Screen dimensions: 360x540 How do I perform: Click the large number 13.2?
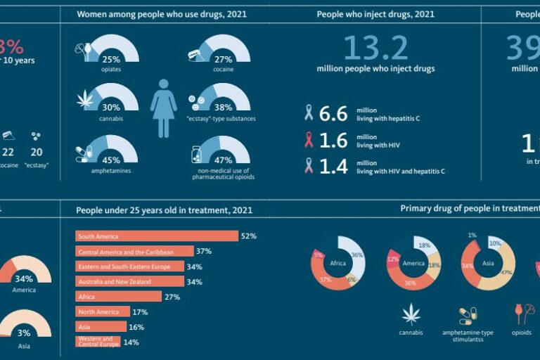[x=375, y=48]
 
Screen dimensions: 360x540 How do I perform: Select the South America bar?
[x=156, y=236]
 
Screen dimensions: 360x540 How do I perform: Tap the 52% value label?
[x=249, y=236]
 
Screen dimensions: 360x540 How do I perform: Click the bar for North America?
[x=102, y=311]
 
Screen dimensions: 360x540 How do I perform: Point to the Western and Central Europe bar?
[x=99, y=342]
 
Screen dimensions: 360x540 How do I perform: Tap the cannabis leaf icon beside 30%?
[x=85, y=100]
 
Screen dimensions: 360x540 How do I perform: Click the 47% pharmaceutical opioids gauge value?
[x=222, y=160]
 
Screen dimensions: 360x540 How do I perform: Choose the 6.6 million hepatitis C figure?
[x=333, y=114]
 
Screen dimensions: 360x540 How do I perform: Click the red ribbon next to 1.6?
[x=307, y=140]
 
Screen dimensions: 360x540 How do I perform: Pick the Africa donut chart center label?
[x=337, y=264]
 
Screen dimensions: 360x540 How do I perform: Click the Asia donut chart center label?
[x=488, y=264]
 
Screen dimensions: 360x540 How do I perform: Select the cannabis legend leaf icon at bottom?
[x=411, y=314]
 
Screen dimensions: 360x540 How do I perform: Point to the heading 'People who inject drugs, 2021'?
[x=375, y=14]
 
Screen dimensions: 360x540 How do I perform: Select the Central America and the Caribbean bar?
[x=134, y=251]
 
